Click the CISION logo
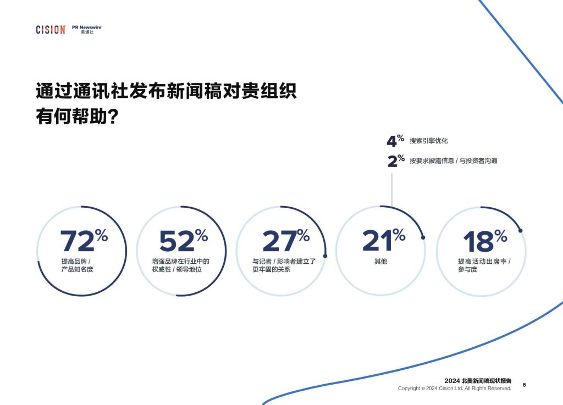[51, 30]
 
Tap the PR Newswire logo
[87, 30]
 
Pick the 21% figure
[384, 240]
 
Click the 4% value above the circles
[395, 141]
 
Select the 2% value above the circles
[396, 160]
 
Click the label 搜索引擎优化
[429, 141]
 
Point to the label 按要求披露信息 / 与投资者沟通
[454, 160]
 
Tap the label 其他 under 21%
[380, 261]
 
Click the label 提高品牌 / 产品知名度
[77, 265]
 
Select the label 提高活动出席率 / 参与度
[484, 265]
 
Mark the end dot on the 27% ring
[325, 256]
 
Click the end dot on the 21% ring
[423, 237]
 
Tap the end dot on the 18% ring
[520, 230]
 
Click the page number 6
[524, 385]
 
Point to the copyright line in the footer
[455, 388]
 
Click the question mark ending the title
[113, 116]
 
